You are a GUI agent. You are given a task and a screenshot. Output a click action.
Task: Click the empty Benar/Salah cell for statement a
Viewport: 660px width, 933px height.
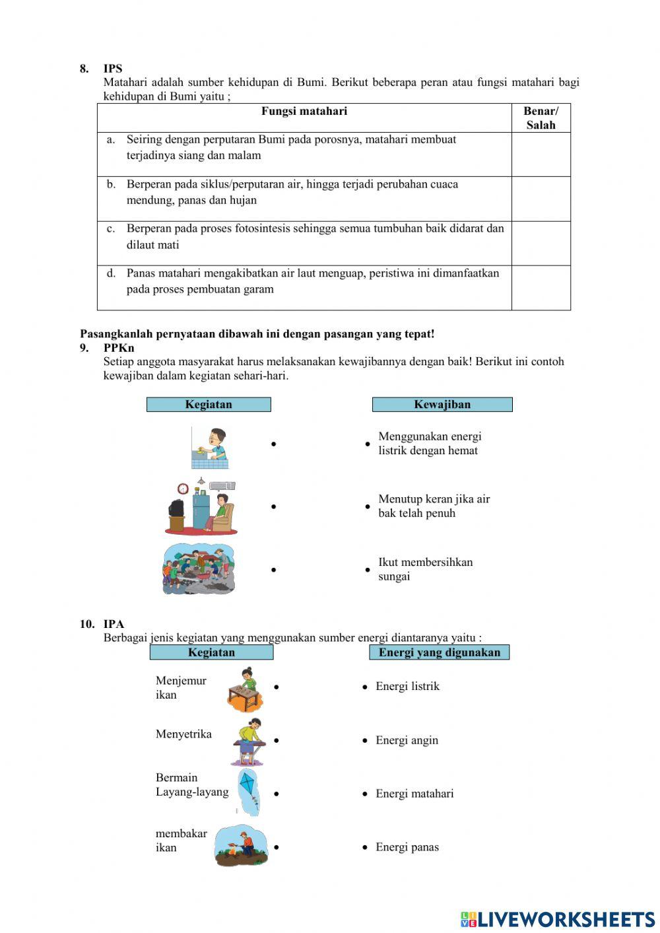(x=541, y=155)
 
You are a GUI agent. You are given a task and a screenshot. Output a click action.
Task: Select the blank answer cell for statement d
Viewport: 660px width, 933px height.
(x=541, y=288)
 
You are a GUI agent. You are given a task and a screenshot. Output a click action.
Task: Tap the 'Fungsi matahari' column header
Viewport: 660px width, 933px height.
(x=304, y=112)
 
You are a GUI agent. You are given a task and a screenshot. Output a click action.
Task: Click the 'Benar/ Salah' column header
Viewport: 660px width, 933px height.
(x=541, y=118)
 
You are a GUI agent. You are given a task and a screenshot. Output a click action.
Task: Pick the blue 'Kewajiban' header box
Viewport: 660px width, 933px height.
(x=442, y=405)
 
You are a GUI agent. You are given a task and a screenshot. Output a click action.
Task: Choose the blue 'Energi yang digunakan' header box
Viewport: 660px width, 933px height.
(x=439, y=652)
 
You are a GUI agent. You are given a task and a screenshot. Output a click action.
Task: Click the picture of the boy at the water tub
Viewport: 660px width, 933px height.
(x=210, y=447)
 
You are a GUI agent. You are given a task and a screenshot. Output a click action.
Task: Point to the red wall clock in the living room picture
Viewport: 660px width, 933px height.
(x=183, y=489)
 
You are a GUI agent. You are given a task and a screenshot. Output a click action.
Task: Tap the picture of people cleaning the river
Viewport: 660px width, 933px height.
(x=199, y=569)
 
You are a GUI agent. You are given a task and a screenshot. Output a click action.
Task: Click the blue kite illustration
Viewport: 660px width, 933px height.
(x=249, y=790)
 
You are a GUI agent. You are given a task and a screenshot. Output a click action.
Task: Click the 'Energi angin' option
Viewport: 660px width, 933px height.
(x=407, y=740)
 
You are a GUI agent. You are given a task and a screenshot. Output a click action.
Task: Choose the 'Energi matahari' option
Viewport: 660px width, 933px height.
(x=414, y=794)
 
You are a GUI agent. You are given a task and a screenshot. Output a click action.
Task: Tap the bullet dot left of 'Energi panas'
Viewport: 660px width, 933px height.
(x=365, y=847)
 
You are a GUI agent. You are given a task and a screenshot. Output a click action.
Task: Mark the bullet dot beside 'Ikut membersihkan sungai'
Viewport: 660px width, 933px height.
(x=368, y=570)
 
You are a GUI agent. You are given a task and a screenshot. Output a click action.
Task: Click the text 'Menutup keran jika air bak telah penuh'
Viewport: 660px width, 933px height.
(x=434, y=506)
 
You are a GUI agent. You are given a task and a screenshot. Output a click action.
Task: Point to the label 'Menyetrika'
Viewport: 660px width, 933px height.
(x=183, y=734)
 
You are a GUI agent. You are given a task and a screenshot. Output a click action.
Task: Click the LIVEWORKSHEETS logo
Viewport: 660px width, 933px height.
(x=558, y=918)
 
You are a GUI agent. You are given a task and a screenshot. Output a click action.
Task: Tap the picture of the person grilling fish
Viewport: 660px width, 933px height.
(x=242, y=846)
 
